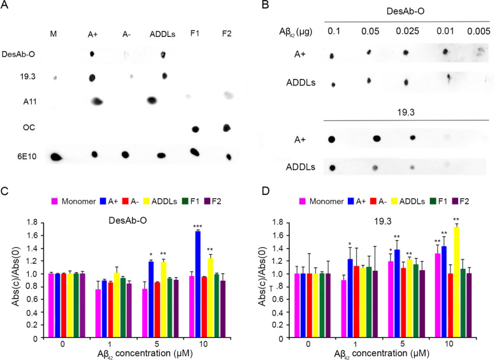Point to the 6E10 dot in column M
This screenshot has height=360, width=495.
[x=56, y=156]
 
